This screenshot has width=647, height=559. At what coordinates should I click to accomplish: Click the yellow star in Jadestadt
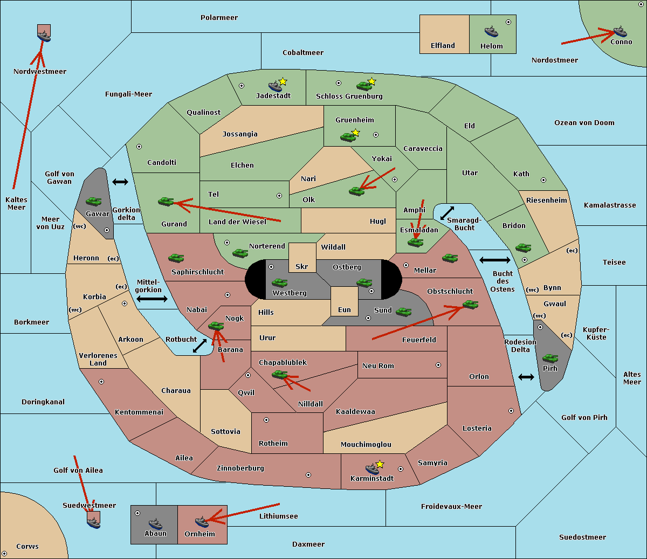pyautogui.click(x=283, y=82)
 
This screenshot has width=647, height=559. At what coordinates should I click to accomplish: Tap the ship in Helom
pyautogui.click(x=491, y=31)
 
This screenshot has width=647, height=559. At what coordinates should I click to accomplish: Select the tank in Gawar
pyautogui.click(x=94, y=201)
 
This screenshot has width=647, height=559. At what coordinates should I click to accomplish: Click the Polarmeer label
pyautogui.click(x=219, y=18)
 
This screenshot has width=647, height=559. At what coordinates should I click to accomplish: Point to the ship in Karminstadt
pyautogui.click(x=372, y=468)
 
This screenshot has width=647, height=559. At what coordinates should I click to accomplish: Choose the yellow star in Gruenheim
pyautogui.click(x=355, y=133)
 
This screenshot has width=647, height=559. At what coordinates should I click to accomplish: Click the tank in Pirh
pyautogui.click(x=550, y=358)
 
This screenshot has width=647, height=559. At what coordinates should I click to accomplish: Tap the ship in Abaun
pyautogui.click(x=155, y=523)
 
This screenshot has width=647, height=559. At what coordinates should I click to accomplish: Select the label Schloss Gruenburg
pyautogui.click(x=349, y=96)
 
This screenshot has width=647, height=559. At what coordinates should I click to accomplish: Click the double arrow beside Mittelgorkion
pyautogui.click(x=152, y=299)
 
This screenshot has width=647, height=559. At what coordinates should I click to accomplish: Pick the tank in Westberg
pyautogui.click(x=279, y=282)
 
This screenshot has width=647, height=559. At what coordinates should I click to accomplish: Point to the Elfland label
pyautogui.click(x=443, y=46)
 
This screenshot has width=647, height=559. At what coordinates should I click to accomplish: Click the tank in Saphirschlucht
pyautogui.click(x=176, y=258)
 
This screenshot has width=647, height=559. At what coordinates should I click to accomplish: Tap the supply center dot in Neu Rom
pyautogui.click(x=438, y=365)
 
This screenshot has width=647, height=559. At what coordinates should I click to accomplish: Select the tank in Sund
pyautogui.click(x=403, y=312)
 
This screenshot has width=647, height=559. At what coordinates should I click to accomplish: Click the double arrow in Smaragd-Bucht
pyautogui.click(x=447, y=213)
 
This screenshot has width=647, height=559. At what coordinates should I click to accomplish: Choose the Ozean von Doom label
pyautogui.click(x=584, y=123)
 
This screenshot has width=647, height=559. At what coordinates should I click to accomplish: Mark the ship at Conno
pyautogui.click(x=620, y=32)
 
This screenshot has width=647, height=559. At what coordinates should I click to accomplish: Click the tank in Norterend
pyautogui.click(x=240, y=253)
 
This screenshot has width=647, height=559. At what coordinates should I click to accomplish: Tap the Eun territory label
pyautogui.click(x=345, y=310)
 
